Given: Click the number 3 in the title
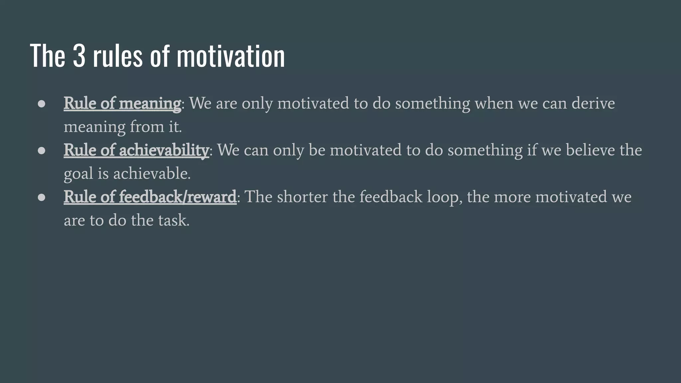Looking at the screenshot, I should (x=79, y=56).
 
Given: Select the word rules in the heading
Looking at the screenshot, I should (x=118, y=56).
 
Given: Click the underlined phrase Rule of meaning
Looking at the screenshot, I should (x=122, y=103).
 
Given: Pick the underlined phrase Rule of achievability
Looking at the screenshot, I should (x=136, y=150).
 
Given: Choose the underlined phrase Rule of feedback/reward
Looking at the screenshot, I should (x=150, y=197).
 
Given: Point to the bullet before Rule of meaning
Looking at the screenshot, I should (x=42, y=104).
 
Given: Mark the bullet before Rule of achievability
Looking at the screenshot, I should (x=42, y=151).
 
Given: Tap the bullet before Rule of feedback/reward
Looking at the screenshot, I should (x=42, y=197).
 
